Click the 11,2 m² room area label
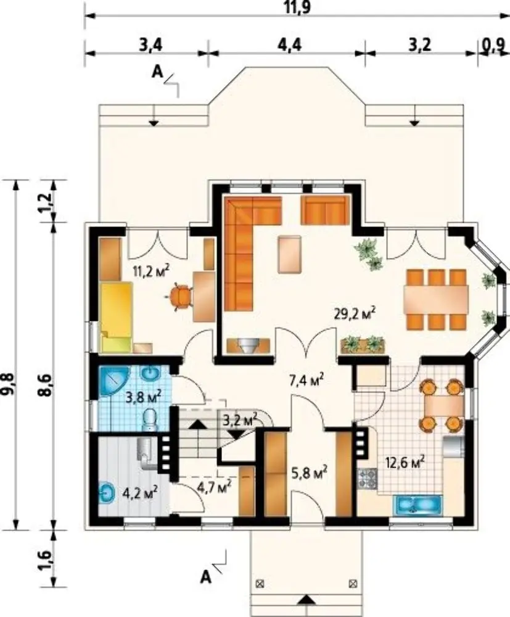pos(151,271)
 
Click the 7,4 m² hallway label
pos(306,380)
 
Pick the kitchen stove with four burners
pos(368,477)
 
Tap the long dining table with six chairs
pos(436,299)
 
